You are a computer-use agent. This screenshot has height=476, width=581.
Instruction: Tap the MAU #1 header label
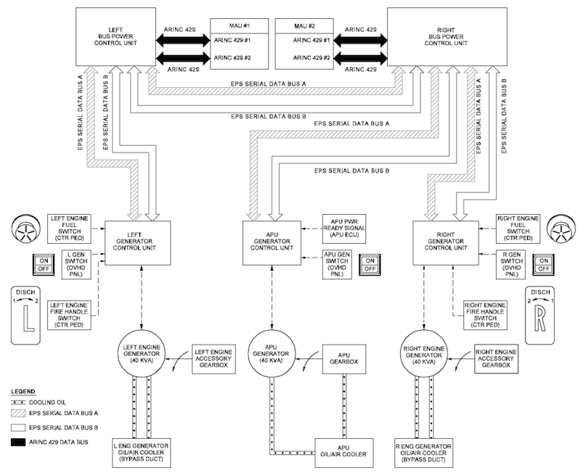[240, 26]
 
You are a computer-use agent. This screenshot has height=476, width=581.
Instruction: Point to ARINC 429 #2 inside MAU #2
[312, 58]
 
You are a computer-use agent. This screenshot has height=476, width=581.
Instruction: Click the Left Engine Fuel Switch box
[69, 229]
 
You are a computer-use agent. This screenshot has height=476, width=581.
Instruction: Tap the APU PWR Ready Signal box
[344, 229]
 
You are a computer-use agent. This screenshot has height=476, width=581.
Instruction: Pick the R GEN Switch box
[511, 264]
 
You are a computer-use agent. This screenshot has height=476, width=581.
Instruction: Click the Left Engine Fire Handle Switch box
[69, 315]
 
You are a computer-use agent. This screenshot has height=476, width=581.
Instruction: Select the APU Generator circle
[271, 354]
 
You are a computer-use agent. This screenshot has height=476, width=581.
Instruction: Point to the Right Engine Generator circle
[423, 354]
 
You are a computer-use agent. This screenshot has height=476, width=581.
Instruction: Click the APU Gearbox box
[344, 359]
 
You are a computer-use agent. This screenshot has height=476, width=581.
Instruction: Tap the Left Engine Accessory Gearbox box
[214, 358]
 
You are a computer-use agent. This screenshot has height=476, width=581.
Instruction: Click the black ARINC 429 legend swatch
[18, 442]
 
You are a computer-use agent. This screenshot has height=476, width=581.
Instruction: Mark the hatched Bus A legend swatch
[18, 413]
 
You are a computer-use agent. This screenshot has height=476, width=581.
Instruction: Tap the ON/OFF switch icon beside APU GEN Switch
[370, 265]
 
